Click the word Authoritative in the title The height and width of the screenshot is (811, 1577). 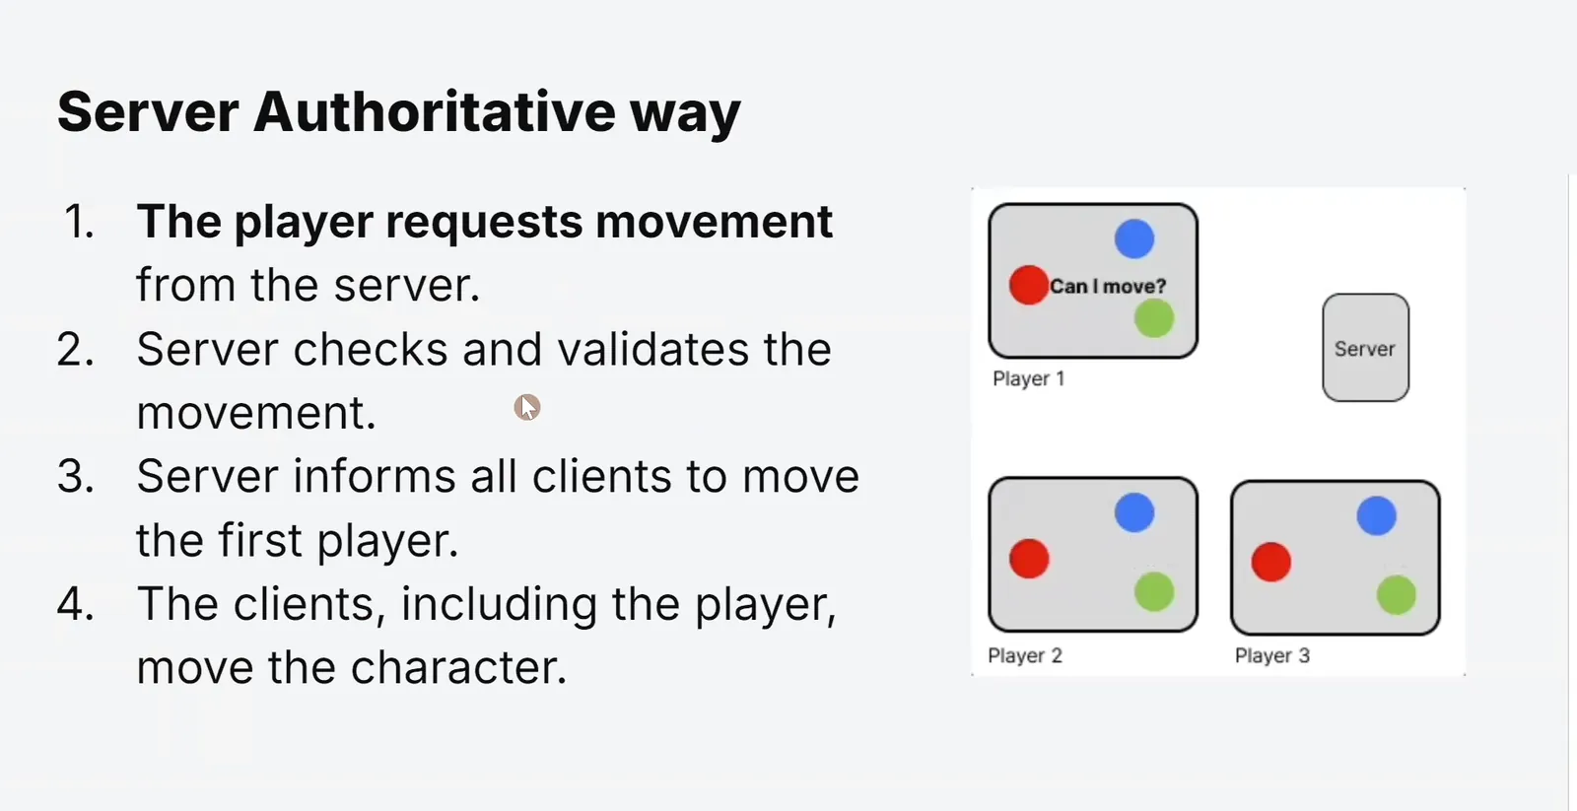[x=434, y=111]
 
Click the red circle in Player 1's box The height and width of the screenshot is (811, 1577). [x=1029, y=285]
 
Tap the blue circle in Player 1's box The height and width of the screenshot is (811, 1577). [x=1134, y=238]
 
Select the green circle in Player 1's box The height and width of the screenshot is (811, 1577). [x=1154, y=317]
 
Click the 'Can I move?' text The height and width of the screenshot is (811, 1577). [x=1108, y=287]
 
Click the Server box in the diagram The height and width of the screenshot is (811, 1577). [x=1366, y=348]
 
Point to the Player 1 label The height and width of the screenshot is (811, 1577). [x=1029, y=378]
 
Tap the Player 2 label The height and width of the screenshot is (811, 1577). [x=1025, y=655]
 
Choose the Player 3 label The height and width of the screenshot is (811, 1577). [x=1272, y=655]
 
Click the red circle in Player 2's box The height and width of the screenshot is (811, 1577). [x=1029, y=559]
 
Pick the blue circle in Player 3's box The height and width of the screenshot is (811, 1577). [x=1376, y=516]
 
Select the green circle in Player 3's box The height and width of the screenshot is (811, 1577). [x=1397, y=595]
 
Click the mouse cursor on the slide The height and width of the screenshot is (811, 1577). [x=527, y=407]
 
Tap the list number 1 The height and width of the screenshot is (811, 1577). [x=79, y=222]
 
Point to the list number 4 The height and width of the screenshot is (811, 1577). [x=75, y=604]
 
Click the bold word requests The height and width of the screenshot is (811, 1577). [x=484, y=222]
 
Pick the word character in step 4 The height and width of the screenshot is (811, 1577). [x=457, y=667]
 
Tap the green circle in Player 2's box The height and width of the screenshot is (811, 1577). [x=1154, y=591]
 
